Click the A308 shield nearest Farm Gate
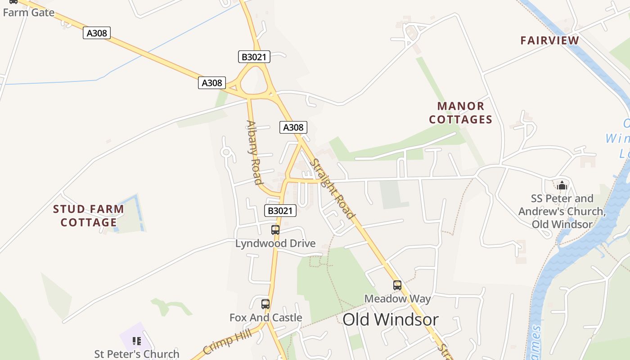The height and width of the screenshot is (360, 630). pos(97,33)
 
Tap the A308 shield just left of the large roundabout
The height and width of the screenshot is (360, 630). pos(211,83)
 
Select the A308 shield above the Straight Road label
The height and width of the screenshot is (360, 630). pos(293,127)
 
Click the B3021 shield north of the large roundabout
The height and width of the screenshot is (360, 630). pos(254,57)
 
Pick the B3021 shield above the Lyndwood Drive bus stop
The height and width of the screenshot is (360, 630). pos(280,211)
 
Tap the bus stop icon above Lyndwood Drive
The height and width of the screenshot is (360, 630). pos(275,230)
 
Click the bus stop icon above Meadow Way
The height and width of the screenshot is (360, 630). pos(397,285)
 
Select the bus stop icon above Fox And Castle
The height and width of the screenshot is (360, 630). pos(265,304)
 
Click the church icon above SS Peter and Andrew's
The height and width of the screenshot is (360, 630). pos(562,185)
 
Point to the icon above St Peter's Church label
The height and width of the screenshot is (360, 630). pos(137,341)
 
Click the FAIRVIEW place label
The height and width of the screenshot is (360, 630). pos(550,40)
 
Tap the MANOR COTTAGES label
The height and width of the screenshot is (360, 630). pos(461,113)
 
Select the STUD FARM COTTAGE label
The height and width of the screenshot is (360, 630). pos(89,216)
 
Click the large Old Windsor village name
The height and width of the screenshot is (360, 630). pos(390,319)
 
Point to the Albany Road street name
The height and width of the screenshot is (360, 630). pos(254,153)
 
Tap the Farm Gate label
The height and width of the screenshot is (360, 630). pos(29,13)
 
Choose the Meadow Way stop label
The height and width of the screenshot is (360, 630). pos(397,298)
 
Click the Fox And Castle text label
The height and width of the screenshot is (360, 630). pos(265,318)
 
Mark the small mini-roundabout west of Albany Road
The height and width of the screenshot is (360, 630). pos(226,153)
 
